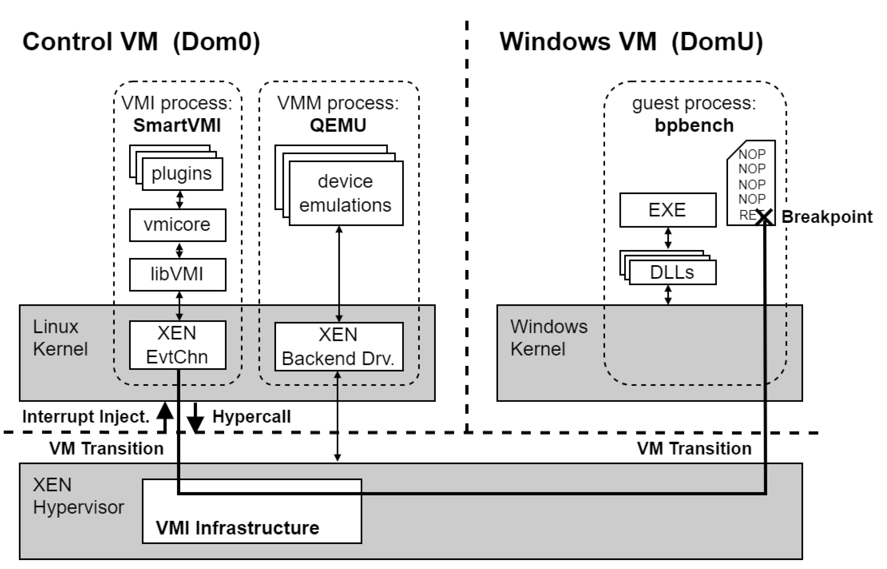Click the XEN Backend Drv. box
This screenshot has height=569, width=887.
(339, 346)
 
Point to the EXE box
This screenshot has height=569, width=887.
(668, 210)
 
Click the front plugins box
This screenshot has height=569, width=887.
(182, 174)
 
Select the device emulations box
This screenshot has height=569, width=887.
(346, 193)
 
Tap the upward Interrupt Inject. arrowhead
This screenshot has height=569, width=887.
(165, 411)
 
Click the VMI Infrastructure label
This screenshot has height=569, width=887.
(238, 528)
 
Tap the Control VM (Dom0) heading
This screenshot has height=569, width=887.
(141, 41)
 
